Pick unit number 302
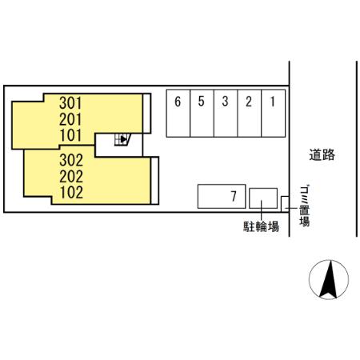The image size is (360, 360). coord(71,158)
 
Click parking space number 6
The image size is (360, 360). coord(178,102)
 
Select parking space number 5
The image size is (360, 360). coord(202,102)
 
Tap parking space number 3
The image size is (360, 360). coord(226,102)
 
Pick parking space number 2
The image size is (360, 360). coord(250,102)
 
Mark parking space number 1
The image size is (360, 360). coord(273,102)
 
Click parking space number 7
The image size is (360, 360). coord(232,196)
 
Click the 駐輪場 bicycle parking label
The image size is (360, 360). coord(261,227)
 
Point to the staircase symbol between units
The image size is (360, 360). coord(122,140)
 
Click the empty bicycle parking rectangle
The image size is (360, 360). coord(263,197)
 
